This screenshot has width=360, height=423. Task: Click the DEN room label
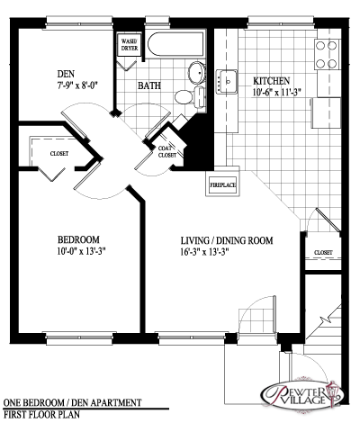click(x=66, y=74)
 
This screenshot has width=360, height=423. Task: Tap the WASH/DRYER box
click(x=130, y=44)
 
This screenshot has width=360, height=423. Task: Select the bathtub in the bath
click(x=176, y=44)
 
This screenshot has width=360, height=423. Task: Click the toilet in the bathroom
click(x=190, y=96)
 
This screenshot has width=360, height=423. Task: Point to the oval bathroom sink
click(x=196, y=73)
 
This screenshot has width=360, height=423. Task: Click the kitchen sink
click(x=227, y=82)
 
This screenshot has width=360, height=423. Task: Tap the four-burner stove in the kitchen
click(x=327, y=54)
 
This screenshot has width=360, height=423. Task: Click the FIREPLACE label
click(x=222, y=184)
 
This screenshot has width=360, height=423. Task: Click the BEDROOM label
click(x=78, y=239)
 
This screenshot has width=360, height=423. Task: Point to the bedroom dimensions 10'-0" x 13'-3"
click(x=81, y=251)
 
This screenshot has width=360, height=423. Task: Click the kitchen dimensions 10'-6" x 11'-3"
click(x=277, y=93)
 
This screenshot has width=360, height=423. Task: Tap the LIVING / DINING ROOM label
click(x=227, y=240)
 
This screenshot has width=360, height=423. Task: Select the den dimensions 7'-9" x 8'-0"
click(x=78, y=85)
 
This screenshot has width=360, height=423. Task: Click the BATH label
click(x=149, y=85)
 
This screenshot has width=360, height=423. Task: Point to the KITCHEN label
click(x=272, y=81)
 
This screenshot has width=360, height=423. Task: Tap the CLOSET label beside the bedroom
click(x=59, y=154)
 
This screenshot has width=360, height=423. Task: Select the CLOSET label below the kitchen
click(x=323, y=253)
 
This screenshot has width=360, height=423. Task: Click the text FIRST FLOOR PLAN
click(x=41, y=414)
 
